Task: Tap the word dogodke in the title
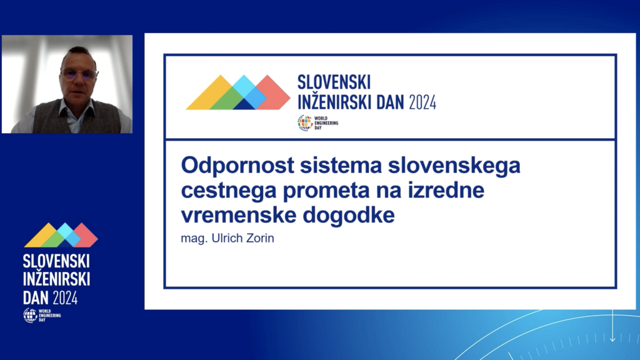coord(349,216)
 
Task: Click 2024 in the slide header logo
coord(422,102)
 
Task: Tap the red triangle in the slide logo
coord(272,94)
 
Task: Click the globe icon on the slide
coord(304,123)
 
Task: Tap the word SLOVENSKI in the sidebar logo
coord(56,261)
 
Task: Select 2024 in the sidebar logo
coord(65,298)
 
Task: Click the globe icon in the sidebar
coord(30,315)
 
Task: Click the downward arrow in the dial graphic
coord(612,326)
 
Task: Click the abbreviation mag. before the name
coord(194,239)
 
